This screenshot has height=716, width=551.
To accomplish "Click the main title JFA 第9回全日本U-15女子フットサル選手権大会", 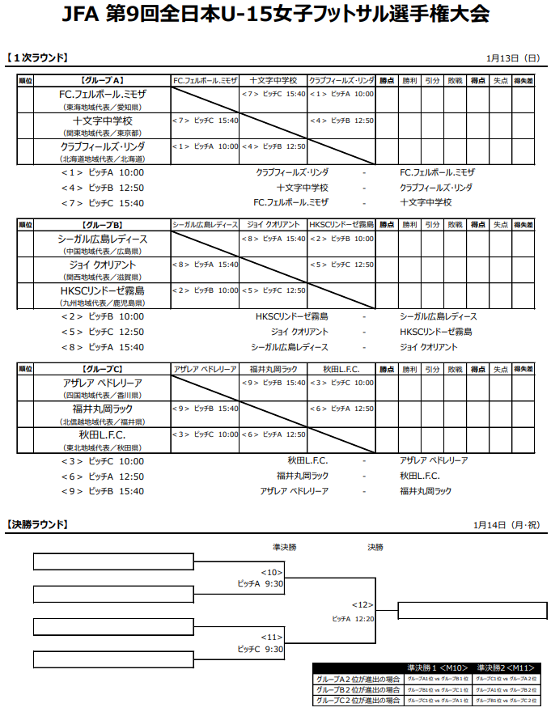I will pyautogui.click(x=275, y=15).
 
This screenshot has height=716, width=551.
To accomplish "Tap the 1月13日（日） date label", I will pyautogui.click(x=512, y=57).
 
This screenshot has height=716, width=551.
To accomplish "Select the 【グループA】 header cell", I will pyautogui.click(x=102, y=81).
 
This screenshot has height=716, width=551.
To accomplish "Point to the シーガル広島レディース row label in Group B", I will pyautogui.click(x=102, y=239).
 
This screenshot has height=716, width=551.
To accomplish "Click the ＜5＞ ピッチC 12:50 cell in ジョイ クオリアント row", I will pyautogui.click(x=341, y=265).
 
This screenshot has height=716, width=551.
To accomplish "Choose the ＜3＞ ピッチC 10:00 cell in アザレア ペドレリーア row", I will pyautogui.click(x=341, y=383).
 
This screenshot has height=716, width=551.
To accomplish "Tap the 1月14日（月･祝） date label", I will pyautogui.click(x=506, y=525).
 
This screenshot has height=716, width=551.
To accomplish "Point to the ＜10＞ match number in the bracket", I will pyautogui.click(x=271, y=572).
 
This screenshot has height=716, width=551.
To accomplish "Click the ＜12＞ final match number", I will pyautogui.click(x=362, y=604).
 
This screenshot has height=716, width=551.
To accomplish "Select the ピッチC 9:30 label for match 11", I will pyautogui.click(x=260, y=649).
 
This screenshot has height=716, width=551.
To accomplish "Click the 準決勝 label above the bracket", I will pyautogui.click(x=284, y=548).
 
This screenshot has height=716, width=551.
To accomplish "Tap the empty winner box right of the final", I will pyautogui.click(x=467, y=611).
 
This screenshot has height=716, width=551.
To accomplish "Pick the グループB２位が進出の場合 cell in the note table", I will pyautogui.click(x=358, y=689).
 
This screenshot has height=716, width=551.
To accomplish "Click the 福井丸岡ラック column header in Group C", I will pyautogui.click(x=273, y=369).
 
